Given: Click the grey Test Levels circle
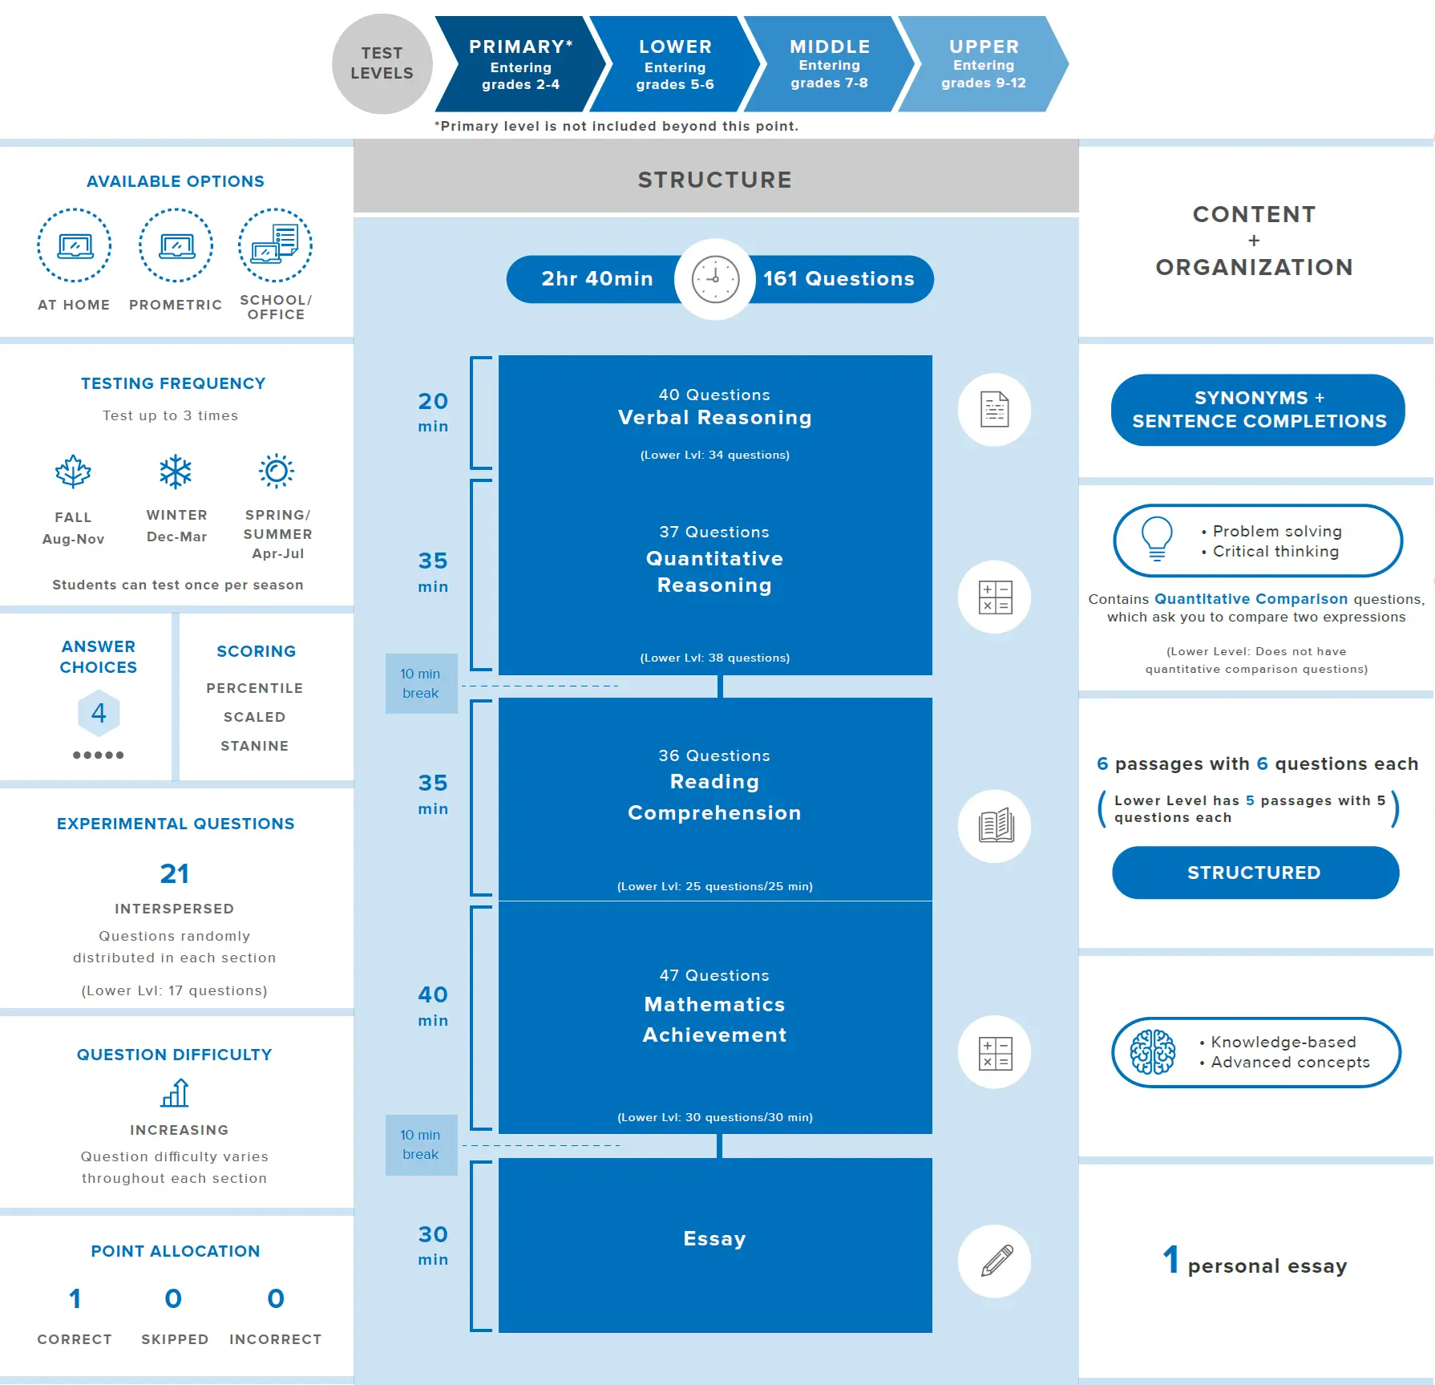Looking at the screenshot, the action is coord(382,64).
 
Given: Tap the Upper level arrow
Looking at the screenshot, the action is coord(983,64).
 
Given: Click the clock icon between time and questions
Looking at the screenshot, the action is coord(715,279).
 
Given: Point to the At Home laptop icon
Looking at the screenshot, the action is coord(75,245).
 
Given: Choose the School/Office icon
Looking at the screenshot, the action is coord(275,245).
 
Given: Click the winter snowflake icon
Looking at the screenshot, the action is coord(176,472).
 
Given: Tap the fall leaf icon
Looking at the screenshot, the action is coord(73,472).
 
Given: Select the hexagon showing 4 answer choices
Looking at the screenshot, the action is coord(99,713).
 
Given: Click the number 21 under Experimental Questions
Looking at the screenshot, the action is coord(175,873).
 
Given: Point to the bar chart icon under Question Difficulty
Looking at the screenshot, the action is coord(175,1092).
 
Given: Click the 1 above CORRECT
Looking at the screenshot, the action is coord(75,1298).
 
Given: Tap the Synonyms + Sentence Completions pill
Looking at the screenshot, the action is coord(1258,410).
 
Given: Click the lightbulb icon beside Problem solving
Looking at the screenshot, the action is coord(1157,539).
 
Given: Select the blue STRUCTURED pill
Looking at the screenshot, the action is coord(1255,873).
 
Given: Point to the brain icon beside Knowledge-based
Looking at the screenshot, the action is coord(1153,1052).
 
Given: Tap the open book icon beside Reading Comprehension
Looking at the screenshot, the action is coord(995,826).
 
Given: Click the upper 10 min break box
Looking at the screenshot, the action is coord(422,683).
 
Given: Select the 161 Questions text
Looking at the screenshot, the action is coord(839,278).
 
